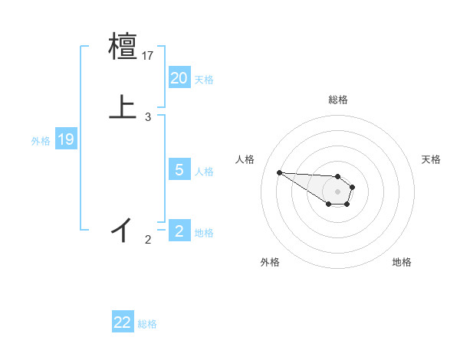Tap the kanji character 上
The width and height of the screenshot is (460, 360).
coord(123,107)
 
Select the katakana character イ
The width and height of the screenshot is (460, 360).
coord(123,229)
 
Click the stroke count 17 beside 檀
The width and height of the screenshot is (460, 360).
coord(149,56)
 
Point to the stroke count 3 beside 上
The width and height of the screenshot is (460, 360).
coord(148,117)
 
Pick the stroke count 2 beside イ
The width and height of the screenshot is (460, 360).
coord(148,240)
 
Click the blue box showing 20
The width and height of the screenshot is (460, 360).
coord(179,78)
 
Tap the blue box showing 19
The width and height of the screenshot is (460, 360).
coord(66,139)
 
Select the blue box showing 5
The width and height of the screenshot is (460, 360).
coord(179,170)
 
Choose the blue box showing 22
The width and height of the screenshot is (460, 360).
coord(123,322)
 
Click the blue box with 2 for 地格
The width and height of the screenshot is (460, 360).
coord(179,231)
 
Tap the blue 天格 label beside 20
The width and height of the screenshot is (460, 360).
coord(204,80)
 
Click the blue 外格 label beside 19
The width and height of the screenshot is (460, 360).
coord(41,140)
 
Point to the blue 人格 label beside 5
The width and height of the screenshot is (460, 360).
coord(204,172)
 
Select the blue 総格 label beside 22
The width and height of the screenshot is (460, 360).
coord(147,324)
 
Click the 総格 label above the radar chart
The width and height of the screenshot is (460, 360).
coord(338,100)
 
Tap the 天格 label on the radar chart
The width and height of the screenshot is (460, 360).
coord(431,159)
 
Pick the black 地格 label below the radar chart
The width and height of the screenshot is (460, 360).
coord(402,263)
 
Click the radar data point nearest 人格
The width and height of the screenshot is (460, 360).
coord(279,172)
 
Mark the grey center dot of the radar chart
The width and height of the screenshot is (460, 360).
coord(337,191)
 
